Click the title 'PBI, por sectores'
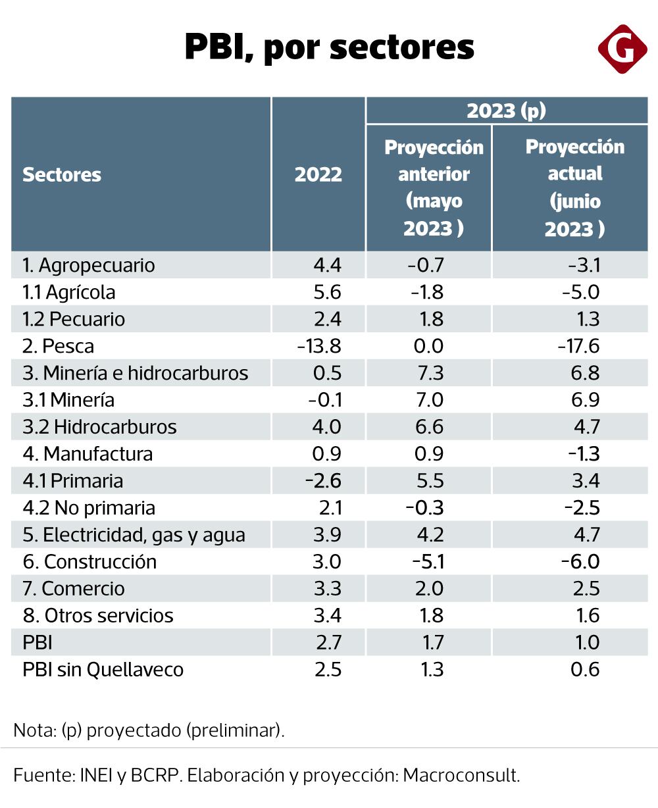pyautogui.click(x=329, y=47)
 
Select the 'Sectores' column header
pyautogui.click(x=62, y=175)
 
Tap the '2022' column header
pyautogui.click(x=318, y=175)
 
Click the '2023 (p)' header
pyautogui.click(x=506, y=111)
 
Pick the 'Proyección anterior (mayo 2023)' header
pyautogui.click(x=434, y=188)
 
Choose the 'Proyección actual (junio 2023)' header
pyautogui.click(x=574, y=188)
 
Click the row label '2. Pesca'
pyautogui.click(x=58, y=346)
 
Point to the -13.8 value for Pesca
pyautogui.click(x=320, y=346)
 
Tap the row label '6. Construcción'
pyautogui.click(x=89, y=562)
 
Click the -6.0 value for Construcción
pyautogui.click(x=580, y=562)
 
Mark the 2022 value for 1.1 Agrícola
pyautogui.click(x=328, y=292)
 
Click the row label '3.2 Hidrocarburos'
pyautogui.click(x=99, y=427)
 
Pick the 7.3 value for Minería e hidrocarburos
pyautogui.click(x=430, y=373)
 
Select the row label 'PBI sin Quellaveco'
pyautogui.click(x=103, y=670)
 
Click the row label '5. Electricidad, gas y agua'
pyautogui.click(x=134, y=535)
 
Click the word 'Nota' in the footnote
pyautogui.click(x=32, y=731)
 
